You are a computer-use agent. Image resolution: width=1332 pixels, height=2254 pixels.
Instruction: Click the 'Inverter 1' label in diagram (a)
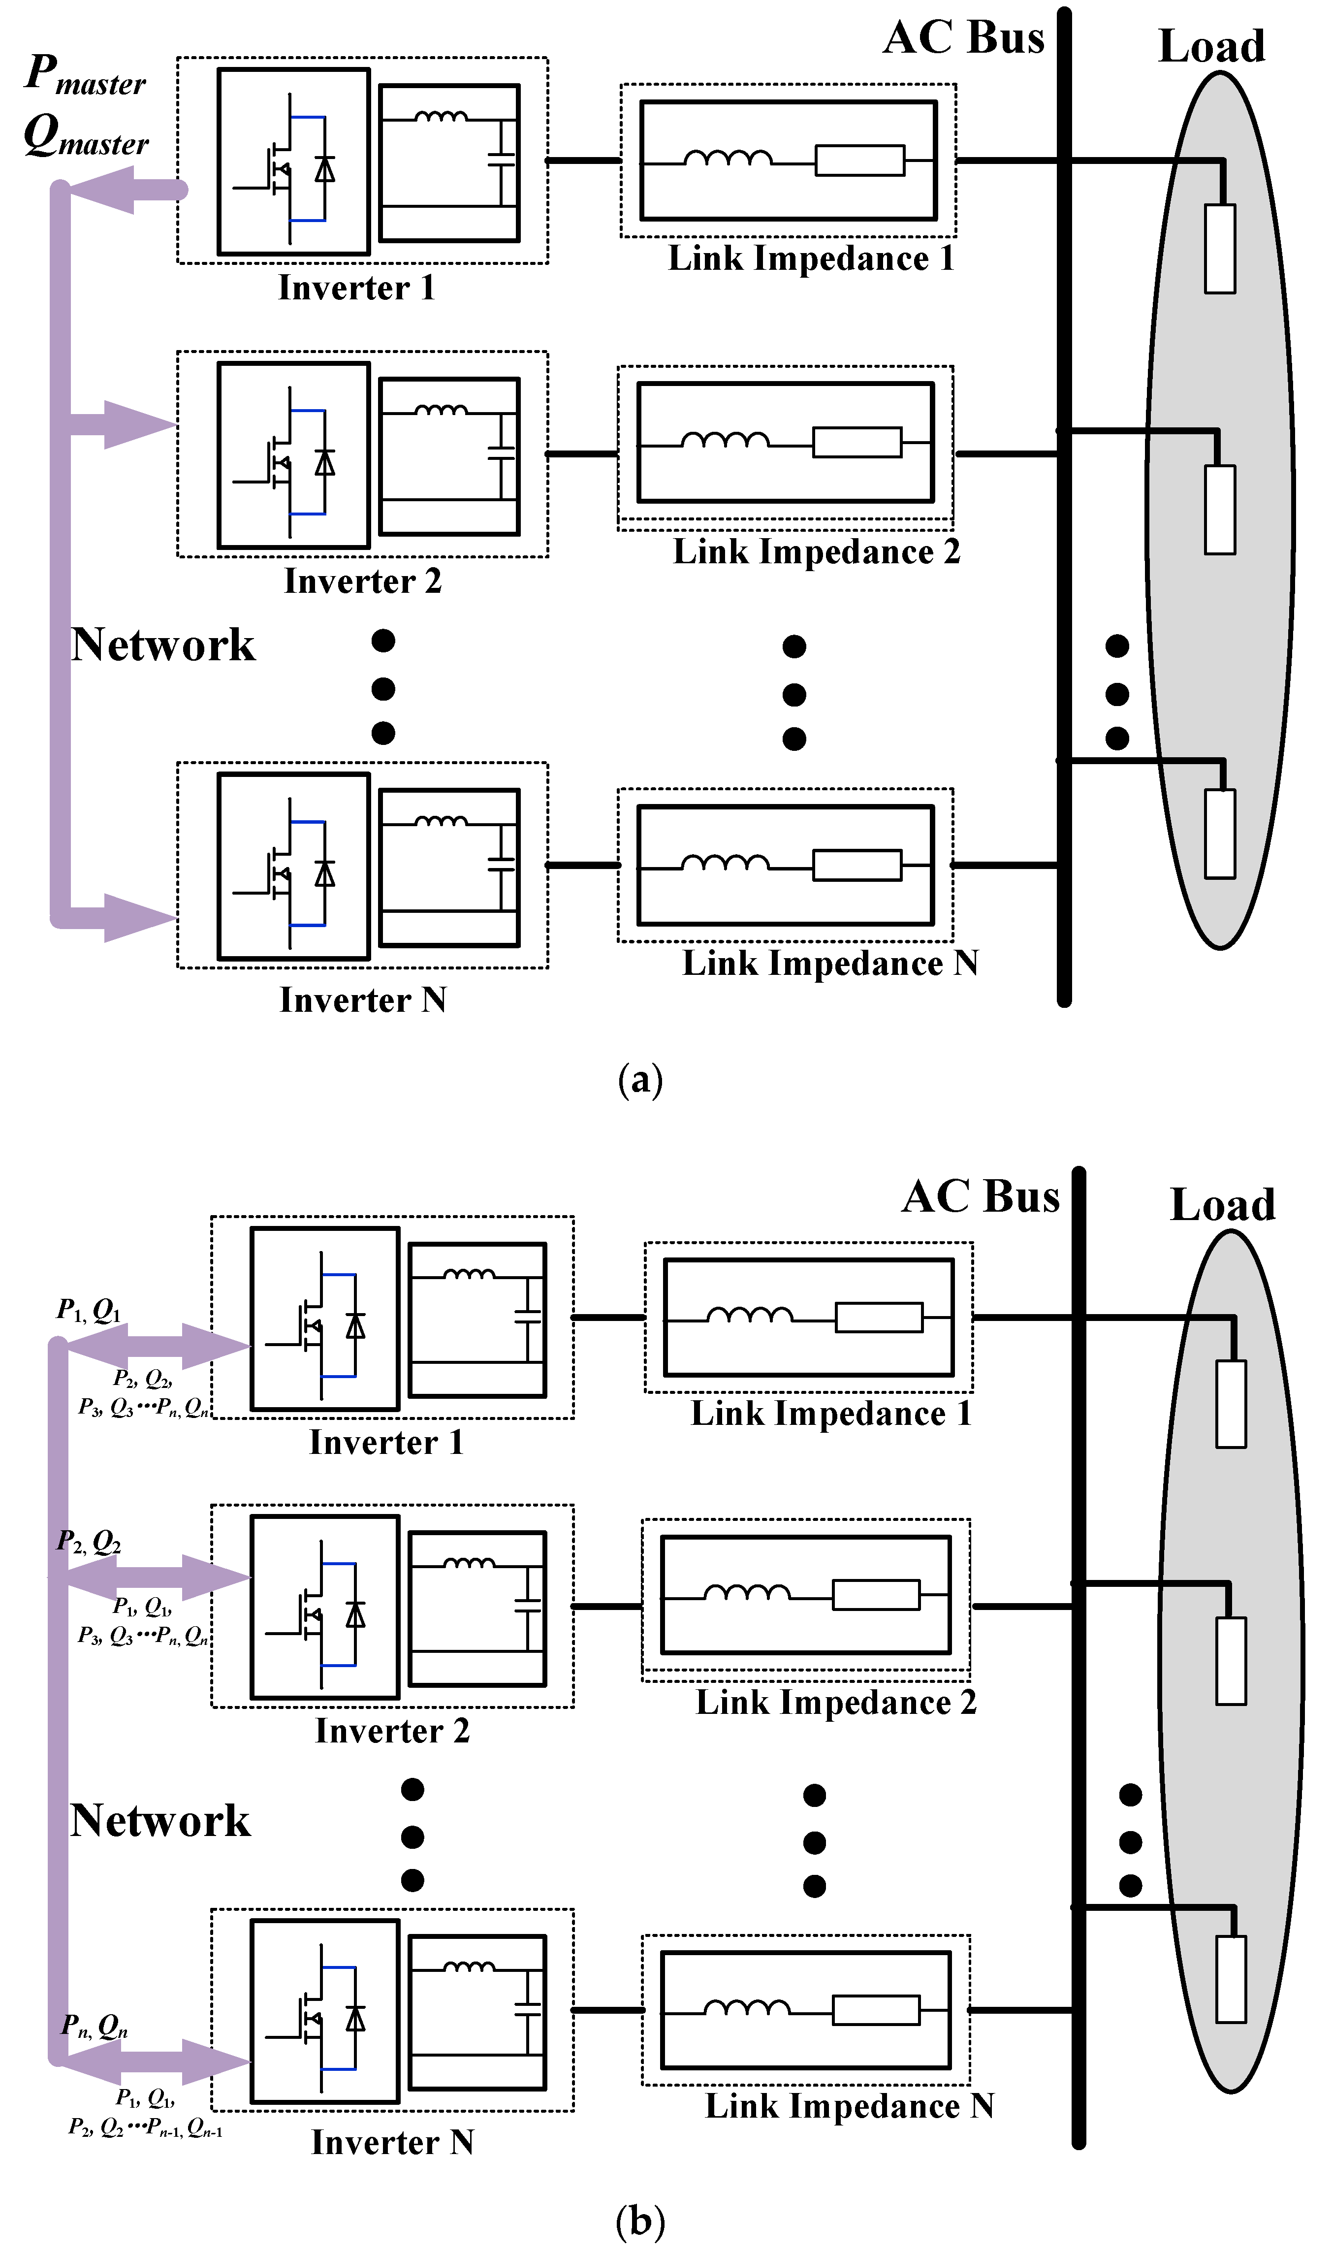(x=356, y=288)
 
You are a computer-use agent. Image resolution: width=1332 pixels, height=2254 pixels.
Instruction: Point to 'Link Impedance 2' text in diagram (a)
(x=816, y=551)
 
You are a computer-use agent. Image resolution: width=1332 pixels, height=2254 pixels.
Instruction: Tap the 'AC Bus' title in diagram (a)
(x=963, y=38)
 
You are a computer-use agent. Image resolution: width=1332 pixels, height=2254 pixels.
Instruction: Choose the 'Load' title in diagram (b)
(x=1223, y=1205)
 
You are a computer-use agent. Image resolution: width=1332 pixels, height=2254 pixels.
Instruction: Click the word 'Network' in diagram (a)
(x=162, y=644)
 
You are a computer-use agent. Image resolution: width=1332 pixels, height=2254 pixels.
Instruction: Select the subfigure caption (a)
(x=640, y=1079)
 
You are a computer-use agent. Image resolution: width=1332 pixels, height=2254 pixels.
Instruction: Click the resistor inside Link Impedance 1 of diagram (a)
(x=859, y=161)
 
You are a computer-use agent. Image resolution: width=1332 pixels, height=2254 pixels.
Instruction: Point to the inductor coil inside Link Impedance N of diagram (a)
(x=725, y=864)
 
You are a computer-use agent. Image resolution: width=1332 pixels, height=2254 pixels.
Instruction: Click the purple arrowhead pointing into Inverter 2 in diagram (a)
(x=139, y=424)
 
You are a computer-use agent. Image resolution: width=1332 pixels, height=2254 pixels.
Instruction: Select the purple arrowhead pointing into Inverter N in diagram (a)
(x=139, y=917)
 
